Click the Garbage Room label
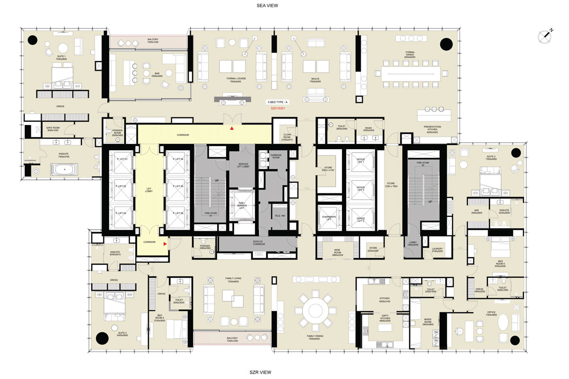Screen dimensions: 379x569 [x=276, y=156]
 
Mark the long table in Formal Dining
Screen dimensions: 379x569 [x=411, y=72]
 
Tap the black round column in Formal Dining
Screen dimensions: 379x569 [x=446, y=45]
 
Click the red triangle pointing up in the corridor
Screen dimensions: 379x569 [x=231, y=128]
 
